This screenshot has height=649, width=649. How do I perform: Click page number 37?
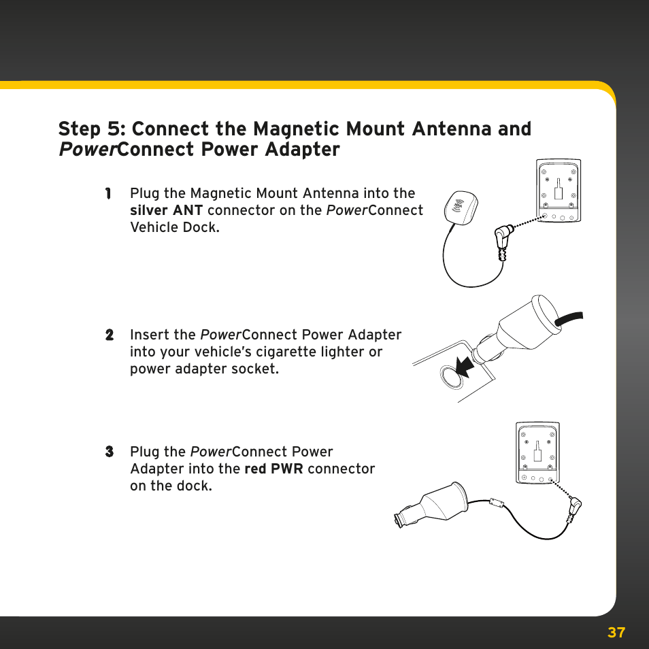click(x=616, y=633)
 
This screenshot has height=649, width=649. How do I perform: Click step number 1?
click(x=108, y=194)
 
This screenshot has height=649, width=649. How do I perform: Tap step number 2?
click(x=109, y=335)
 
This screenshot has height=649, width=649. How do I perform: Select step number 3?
click(x=109, y=452)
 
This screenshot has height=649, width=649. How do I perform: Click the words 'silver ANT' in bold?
click(x=166, y=211)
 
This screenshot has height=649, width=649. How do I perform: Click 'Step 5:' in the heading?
click(x=90, y=129)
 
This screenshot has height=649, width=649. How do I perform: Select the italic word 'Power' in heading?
click(x=87, y=150)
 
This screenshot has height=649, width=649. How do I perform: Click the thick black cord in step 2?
click(x=570, y=317)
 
